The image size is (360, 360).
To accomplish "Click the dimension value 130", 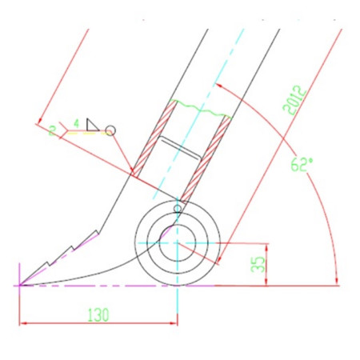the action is [x=98, y=314].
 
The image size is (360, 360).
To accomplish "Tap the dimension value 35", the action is [x=258, y=264].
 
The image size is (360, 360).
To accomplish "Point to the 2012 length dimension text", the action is [x=294, y=100].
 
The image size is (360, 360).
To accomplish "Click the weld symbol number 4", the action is [x=77, y=124].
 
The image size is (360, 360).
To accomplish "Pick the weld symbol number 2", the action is [x=53, y=130].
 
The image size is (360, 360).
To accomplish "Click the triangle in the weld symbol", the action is [x=93, y=125].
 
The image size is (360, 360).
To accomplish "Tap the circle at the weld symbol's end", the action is [x=110, y=130].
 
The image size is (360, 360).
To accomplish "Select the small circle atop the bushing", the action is [x=178, y=208].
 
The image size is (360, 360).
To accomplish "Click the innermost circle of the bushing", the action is [x=178, y=243].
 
